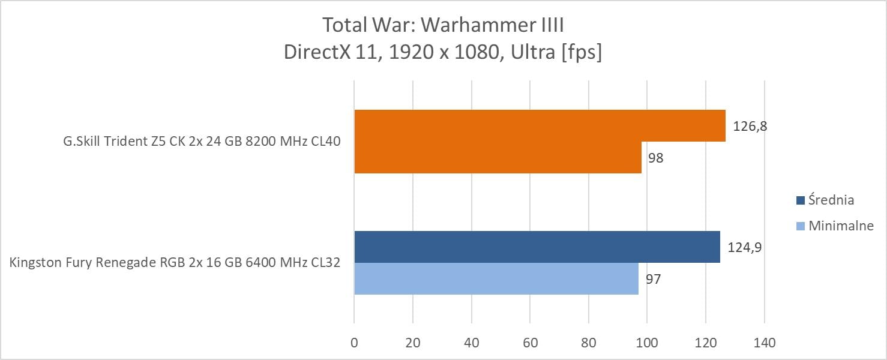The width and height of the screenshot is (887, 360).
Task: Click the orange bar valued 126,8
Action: (540, 125)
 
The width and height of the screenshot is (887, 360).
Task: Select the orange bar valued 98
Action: (498, 157)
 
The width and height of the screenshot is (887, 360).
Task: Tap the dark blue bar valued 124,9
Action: (537, 247)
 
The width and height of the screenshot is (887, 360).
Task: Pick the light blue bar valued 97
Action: (496, 278)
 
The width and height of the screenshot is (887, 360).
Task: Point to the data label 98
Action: (655, 158)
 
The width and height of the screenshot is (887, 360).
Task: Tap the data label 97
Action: (653, 279)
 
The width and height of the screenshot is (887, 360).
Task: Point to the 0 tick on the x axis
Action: (354, 343)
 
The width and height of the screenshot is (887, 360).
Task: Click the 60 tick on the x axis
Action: (530, 343)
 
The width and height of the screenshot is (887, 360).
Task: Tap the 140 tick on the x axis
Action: (764, 343)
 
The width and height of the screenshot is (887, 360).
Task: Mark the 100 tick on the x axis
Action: (647, 343)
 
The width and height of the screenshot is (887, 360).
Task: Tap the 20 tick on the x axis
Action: (413, 343)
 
